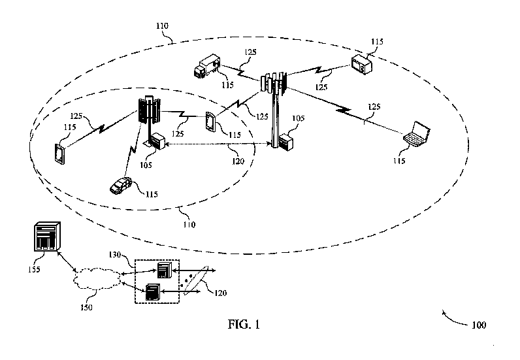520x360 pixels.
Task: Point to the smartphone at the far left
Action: point(59,154)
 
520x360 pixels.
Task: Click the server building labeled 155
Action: point(45,238)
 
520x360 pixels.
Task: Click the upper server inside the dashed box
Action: point(163,269)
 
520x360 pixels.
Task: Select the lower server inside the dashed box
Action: point(153,291)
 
